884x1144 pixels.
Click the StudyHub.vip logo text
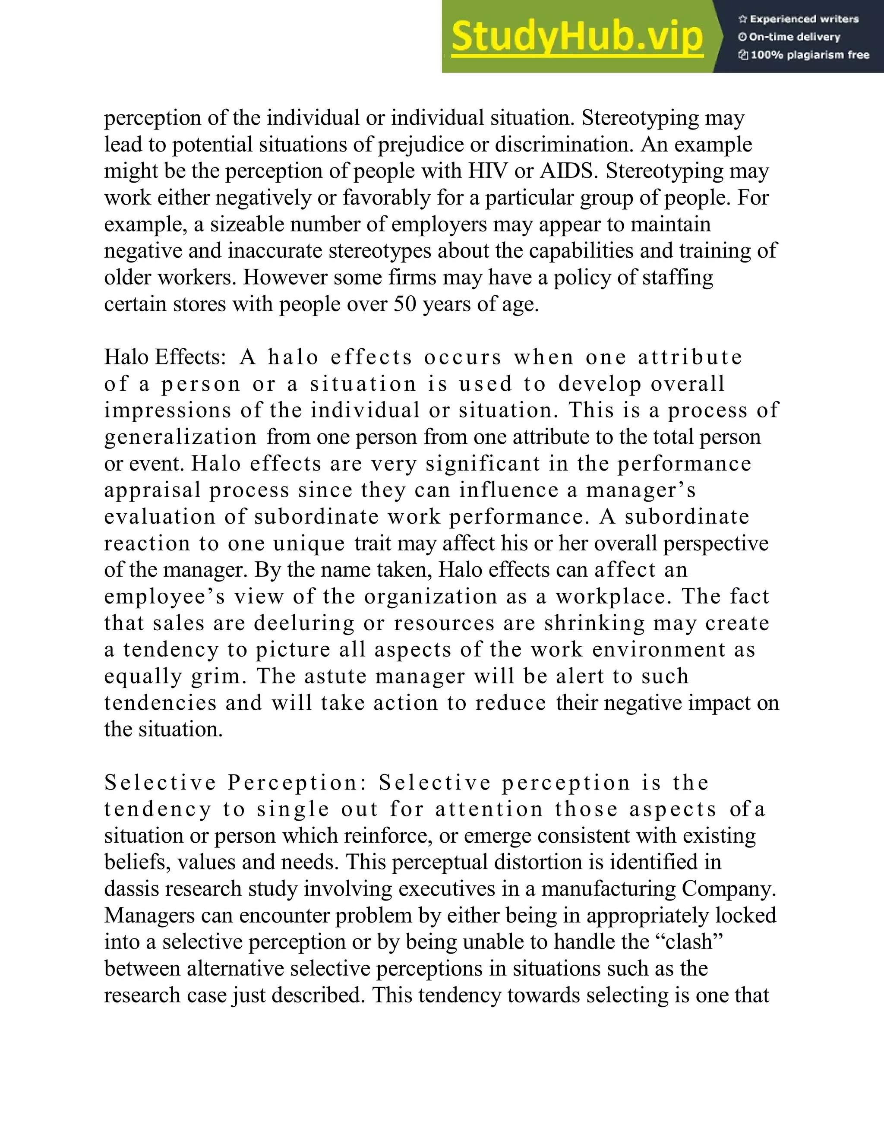(577, 37)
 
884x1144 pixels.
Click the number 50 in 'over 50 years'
(404, 304)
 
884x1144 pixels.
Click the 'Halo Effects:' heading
(165, 357)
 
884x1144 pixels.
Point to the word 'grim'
(218, 676)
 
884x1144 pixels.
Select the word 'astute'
(336, 676)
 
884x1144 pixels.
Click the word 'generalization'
(180, 437)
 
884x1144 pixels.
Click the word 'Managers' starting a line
(150, 916)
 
